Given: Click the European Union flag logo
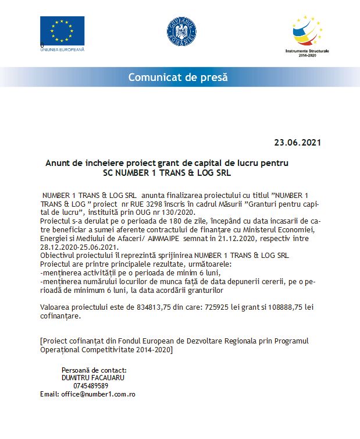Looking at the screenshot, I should click(x=62, y=31).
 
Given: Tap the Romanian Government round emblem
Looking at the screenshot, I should click(x=181, y=31).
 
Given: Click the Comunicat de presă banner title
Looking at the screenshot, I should click(x=178, y=77).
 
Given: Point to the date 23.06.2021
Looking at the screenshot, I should click(x=297, y=142).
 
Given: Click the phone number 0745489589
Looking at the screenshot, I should click(x=91, y=385).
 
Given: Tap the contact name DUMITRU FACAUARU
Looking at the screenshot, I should click(x=93, y=377).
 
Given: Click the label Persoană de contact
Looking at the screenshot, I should click(x=94, y=370).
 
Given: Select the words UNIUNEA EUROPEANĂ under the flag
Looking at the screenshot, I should click(x=62, y=49).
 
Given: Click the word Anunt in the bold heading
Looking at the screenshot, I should click(x=58, y=163).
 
